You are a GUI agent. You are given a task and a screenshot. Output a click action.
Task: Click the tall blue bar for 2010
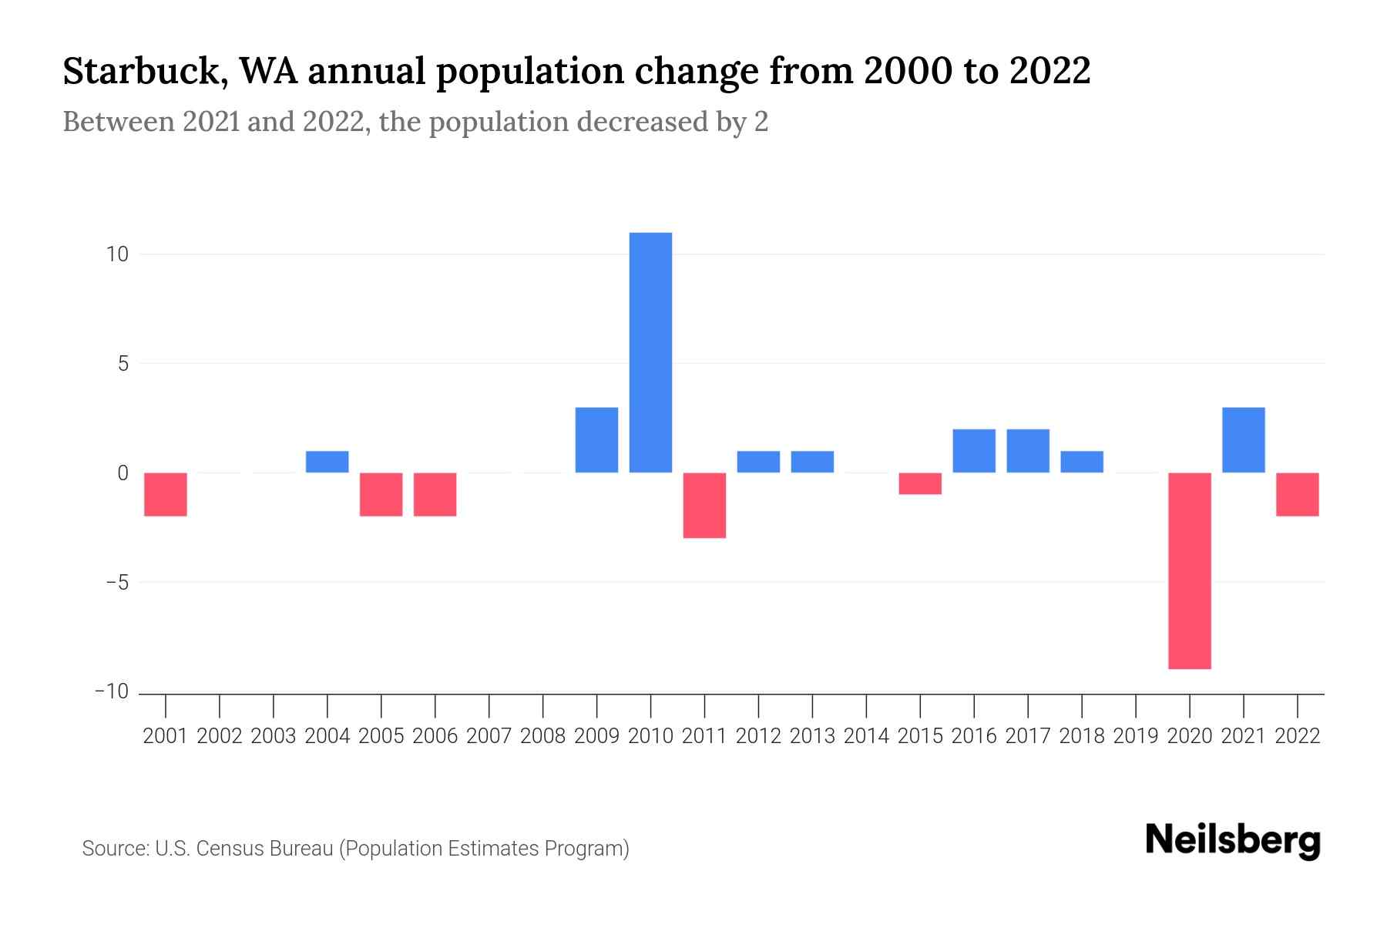(650, 352)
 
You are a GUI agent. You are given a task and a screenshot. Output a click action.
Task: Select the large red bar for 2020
(1189, 570)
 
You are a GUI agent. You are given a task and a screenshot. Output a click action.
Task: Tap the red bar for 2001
(166, 494)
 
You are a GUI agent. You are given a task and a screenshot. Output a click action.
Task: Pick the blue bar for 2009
(596, 439)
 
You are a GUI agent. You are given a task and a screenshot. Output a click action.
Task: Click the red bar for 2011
(704, 505)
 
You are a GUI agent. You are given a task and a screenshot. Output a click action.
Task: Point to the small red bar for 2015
(920, 483)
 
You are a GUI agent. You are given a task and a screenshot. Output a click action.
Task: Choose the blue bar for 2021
(1243, 439)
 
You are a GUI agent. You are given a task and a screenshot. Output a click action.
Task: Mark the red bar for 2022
(1297, 494)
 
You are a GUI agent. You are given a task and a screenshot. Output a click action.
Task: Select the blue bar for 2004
(327, 462)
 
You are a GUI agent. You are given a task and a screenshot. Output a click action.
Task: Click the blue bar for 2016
(974, 451)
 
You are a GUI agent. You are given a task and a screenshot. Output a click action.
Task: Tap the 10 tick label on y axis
(117, 254)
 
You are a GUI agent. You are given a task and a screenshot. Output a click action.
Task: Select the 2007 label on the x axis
(489, 736)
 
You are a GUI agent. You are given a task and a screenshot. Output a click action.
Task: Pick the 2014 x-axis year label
(866, 736)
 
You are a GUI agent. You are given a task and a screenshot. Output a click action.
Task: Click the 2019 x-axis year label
(1135, 736)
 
